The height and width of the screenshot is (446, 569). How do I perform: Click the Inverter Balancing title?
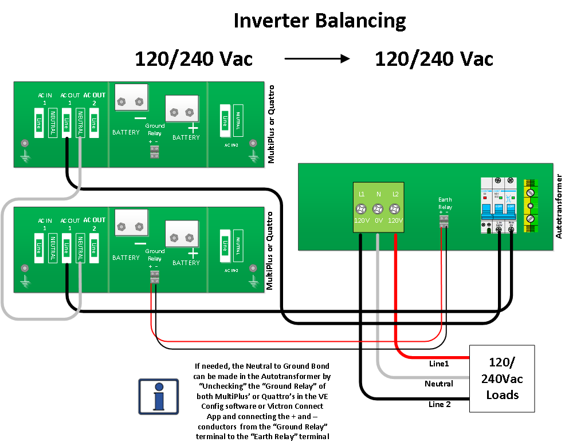[319, 21]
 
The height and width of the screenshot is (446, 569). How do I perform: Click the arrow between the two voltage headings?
[316, 58]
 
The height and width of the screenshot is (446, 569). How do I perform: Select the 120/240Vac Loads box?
[501, 378]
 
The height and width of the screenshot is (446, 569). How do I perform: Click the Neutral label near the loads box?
[439, 384]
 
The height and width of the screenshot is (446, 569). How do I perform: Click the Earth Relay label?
[445, 203]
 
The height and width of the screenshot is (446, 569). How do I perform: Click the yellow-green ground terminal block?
[531, 206]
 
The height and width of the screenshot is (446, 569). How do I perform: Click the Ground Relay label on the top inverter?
[155, 129]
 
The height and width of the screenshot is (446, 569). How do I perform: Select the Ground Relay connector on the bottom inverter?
[154, 277]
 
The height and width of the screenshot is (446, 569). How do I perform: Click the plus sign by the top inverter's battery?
[194, 130]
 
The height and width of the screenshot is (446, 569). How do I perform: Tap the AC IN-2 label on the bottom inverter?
[231, 270]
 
